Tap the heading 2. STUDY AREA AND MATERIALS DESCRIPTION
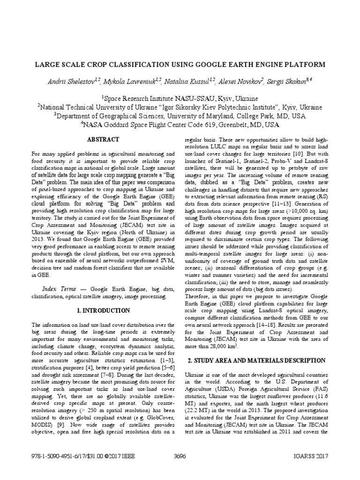(x=256, y=360)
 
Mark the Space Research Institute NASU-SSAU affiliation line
(x=180, y=99)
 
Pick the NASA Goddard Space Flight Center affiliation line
(x=180, y=125)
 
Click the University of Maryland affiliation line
(x=180, y=116)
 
